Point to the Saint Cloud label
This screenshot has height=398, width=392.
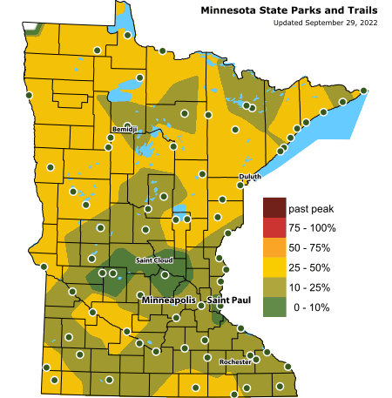154,260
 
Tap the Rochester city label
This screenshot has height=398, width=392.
235,361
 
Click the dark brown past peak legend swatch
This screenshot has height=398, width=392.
274,209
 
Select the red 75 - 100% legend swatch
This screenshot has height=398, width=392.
274,228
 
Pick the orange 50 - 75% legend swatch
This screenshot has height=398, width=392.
274,247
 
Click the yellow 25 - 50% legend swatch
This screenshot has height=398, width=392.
274,266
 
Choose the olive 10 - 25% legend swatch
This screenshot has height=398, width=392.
274,287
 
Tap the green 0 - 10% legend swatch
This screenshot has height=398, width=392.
274,306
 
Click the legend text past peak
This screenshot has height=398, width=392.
311,209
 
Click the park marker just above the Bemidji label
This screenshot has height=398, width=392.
128,125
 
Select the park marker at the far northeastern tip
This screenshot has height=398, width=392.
364,91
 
